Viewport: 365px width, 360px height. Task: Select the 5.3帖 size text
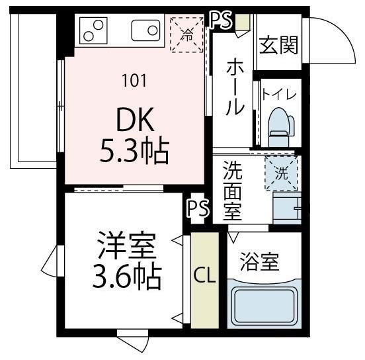pyautogui.click(x=135, y=152)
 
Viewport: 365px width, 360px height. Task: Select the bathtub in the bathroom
pyautogui.click(x=264, y=304)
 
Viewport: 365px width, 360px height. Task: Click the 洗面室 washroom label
pyautogui.click(x=232, y=191)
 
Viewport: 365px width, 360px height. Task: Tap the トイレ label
pyautogui.click(x=280, y=93)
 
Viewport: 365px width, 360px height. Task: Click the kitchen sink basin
pyautogui.click(x=145, y=30)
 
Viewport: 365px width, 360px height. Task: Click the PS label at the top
pyautogui.click(x=221, y=20)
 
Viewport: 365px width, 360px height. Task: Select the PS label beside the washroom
pyautogui.click(x=198, y=209)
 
